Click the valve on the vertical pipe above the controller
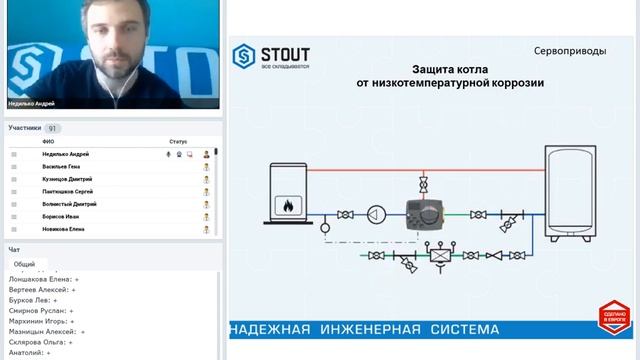pyautogui.click(x=424, y=185)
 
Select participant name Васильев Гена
pyautogui.click(x=61, y=166)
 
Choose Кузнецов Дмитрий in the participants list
pyautogui.click(x=67, y=179)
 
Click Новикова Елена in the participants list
pyautogui.click(x=63, y=228)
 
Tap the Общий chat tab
pyautogui.click(x=24, y=263)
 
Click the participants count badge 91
pyautogui.click(x=52, y=128)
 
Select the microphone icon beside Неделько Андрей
pyautogui.click(x=168, y=154)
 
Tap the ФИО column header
pyautogui.click(x=48, y=142)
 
